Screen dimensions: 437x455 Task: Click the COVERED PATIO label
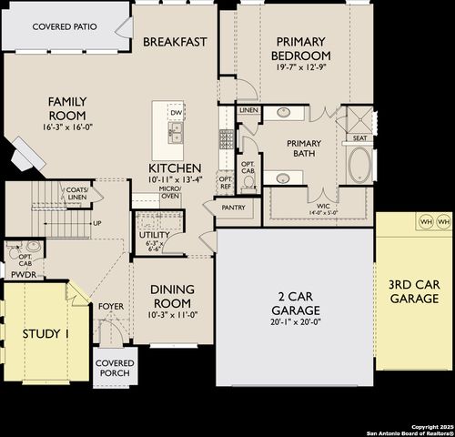[x=65, y=27]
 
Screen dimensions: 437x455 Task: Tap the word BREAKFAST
[x=176, y=42]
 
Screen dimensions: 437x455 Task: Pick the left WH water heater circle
[x=425, y=221]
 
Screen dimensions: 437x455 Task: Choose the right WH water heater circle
[x=443, y=221]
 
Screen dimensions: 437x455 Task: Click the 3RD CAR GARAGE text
[x=414, y=291]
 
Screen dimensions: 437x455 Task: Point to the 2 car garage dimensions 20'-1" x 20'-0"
[x=296, y=320]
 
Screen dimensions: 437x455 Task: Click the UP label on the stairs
[x=96, y=223]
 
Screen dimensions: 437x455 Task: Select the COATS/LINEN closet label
[x=77, y=193]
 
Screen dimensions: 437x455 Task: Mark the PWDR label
[x=24, y=273]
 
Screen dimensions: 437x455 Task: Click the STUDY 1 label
[x=45, y=334]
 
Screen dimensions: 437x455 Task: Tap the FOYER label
[x=111, y=307]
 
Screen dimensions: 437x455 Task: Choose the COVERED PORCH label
[x=115, y=368]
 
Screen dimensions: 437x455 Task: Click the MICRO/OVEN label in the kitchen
[x=170, y=192]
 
